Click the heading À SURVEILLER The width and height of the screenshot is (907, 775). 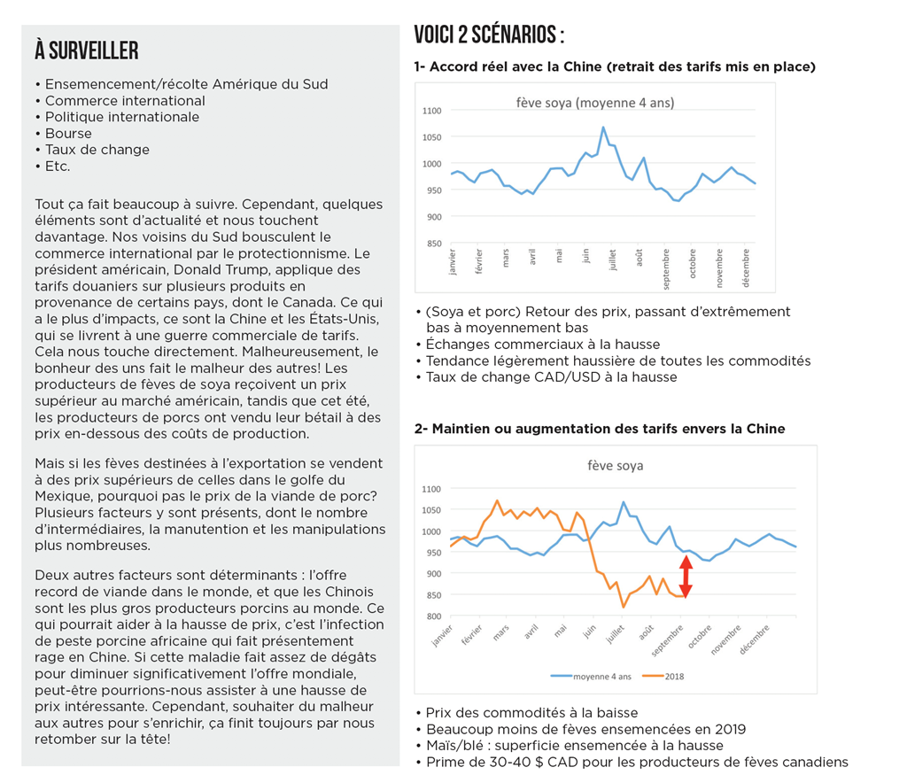87,50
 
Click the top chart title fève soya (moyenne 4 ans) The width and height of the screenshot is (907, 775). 594,103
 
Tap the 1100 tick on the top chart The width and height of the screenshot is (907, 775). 431,111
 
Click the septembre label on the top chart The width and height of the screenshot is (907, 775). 666,269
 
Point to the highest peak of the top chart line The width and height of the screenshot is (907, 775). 603,127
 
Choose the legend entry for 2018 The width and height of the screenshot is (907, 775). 672,676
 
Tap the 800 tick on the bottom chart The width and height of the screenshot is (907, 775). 431,616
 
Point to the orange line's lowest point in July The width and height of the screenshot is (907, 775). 623,607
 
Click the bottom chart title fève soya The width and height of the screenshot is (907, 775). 615,465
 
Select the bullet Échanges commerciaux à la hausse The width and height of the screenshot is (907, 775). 542,344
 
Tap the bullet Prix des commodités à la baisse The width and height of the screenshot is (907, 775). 531,713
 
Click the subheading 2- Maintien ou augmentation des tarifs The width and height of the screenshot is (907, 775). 599,429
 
